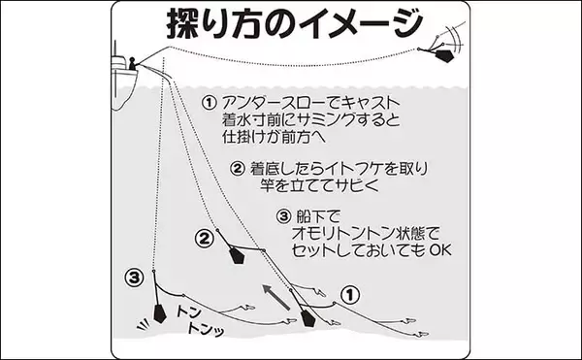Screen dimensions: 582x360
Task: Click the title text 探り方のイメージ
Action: (x=295, y=23)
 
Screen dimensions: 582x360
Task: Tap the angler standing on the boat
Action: (x=132, y=64)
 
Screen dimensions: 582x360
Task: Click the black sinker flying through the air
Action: (x=444, y=55)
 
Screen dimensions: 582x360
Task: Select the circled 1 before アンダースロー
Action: (x=209, y=103)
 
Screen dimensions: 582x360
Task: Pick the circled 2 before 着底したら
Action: (x=238, y=169)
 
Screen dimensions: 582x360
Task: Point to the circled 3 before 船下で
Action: (x=283, y=216)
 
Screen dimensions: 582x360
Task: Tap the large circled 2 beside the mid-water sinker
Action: (x=204, y=239)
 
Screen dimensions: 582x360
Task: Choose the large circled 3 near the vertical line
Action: (x=135, y=278)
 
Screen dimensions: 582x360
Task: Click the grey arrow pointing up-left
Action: (x=276, y=297)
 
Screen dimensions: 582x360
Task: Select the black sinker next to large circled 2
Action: (x=237, y=255)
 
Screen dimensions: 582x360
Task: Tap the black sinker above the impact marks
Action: (x=159, y=313)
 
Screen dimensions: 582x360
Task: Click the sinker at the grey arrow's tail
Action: (x=308, y=319)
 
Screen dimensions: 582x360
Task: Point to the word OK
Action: (x=440, y=250)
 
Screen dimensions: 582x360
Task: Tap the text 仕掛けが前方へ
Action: (x=274, y=137)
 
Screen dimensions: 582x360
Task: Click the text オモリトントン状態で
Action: (x=366, y=234)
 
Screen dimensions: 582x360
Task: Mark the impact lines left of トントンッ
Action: (x=144, y=324)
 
